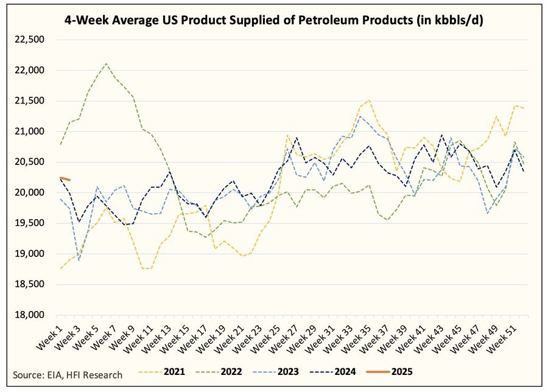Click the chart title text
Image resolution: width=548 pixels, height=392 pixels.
click(274, 21)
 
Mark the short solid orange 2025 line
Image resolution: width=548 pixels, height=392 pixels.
click(65, 178)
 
